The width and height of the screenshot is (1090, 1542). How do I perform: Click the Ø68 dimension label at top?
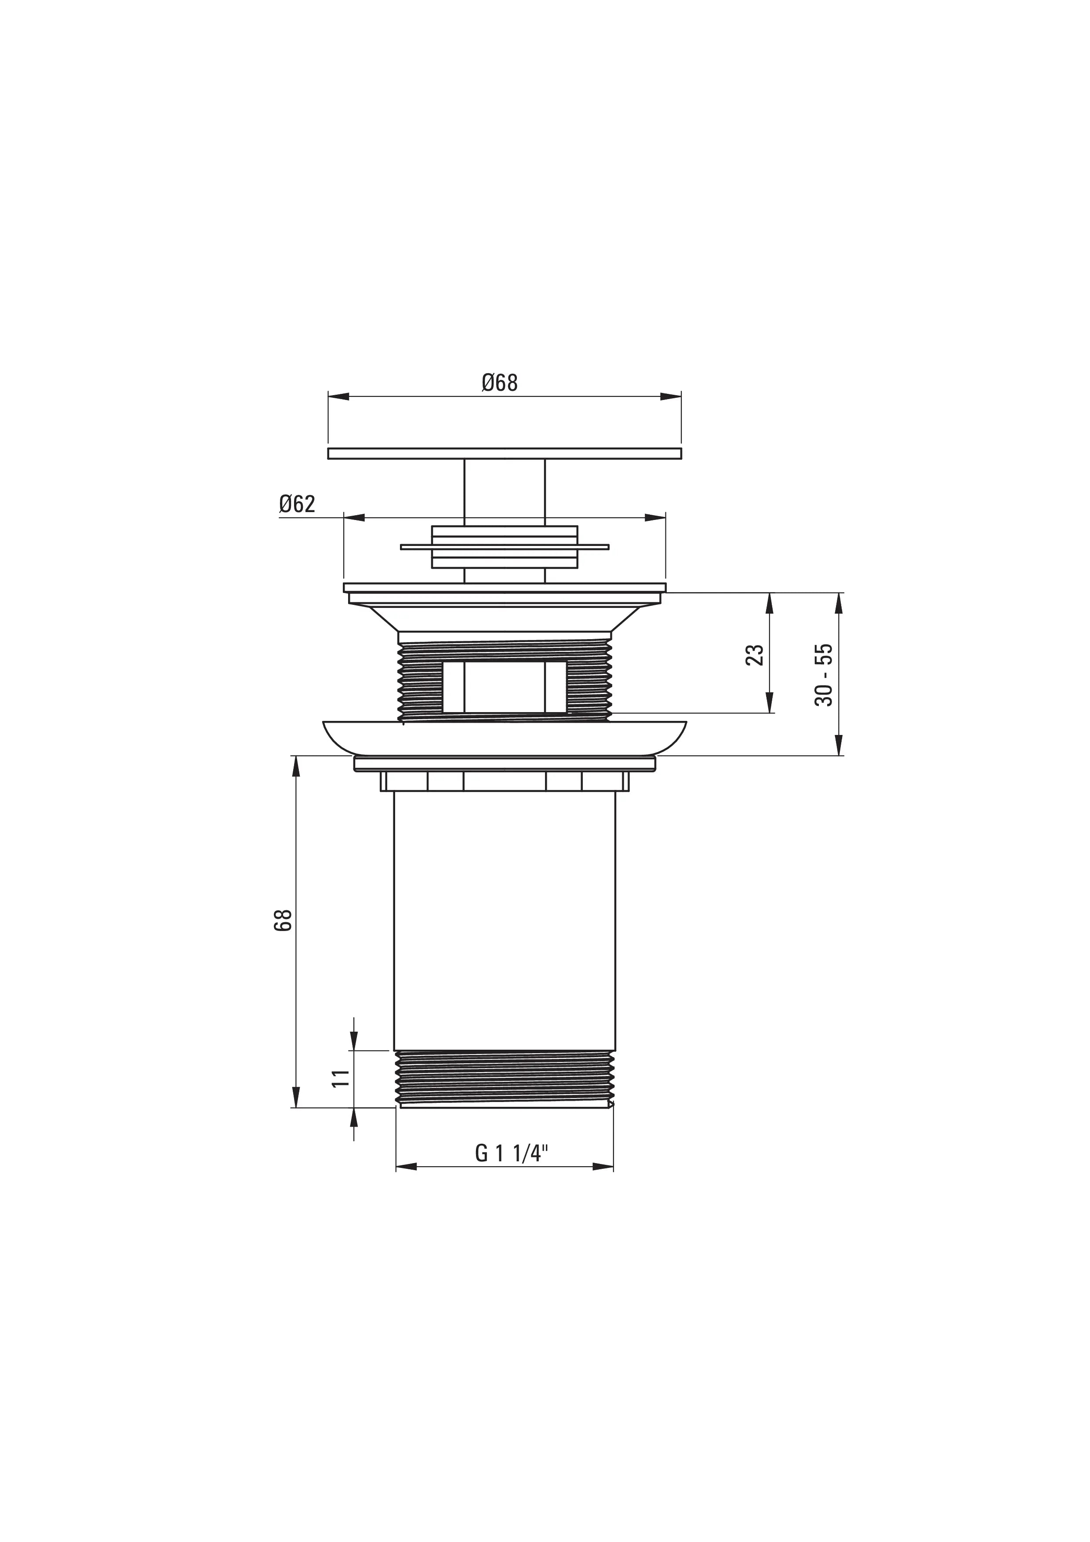pos(500,383)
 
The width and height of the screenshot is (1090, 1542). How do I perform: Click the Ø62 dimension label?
pos(297,504)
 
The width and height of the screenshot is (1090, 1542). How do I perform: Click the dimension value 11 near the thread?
pos(341,1078)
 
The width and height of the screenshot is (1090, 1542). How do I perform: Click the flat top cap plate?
pos(505,453)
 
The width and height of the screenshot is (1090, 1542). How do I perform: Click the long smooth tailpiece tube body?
pos(505,920)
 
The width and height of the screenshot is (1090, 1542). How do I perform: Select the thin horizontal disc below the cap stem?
pos(505,547)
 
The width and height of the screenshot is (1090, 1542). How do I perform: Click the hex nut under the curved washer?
pos(505,782)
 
